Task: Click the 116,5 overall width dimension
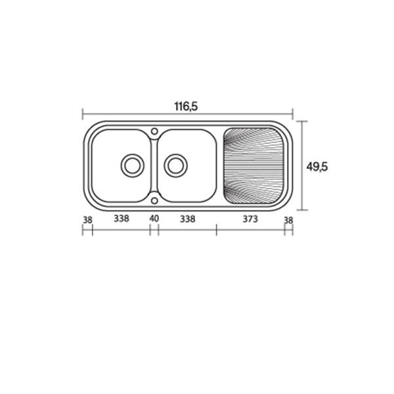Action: click(186, 106)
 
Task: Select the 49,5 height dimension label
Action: click(317, 167)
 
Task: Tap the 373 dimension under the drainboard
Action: click(250, 219)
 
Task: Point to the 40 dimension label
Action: click(154, 219)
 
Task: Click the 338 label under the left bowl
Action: click(121, 219)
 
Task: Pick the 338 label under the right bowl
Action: click(187, 219)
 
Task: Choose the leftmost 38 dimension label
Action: click(87, 220)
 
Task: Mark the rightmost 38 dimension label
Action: click(288, 221)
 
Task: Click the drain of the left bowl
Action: click(133, 165)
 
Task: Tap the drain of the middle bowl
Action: click(175, 165)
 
